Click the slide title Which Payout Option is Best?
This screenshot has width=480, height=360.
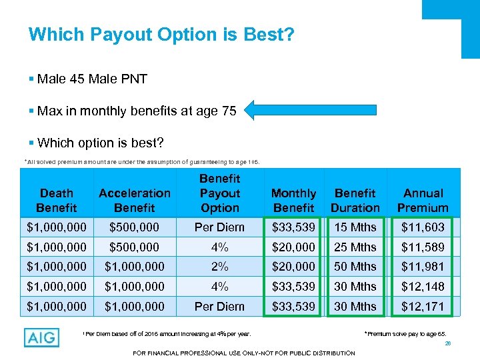pyautogui.click(x=161, y=34)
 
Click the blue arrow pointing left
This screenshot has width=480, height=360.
pyautogui.click(x=311, y=110)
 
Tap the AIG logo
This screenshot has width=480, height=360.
pyautogui.click(x=41, y=337)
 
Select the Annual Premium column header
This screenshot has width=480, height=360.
pyautogui.click(x=423, y=200)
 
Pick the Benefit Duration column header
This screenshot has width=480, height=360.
pyautogui.click(x=355, y=200)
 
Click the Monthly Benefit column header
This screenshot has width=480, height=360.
pyautogui.click(x=293, y=200)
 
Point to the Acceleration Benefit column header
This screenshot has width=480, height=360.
pyautogui.click(x=135, y=200)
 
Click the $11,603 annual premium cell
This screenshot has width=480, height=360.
pyautogui.click(x=423, y=227)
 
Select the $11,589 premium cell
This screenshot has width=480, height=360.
pyautogui.click(x=423, y=247)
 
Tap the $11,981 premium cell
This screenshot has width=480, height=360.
pyautogui.click(x=423, y=267)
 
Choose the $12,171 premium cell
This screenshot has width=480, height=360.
pyautogui.click(x=423, y=307)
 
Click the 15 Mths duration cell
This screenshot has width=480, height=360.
pyautogui.click(x=355, y=227)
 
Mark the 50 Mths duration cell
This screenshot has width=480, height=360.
pyautogui.click(x=355, y=267)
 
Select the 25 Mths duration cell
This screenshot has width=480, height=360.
pyautogui.click(x=355, y=247)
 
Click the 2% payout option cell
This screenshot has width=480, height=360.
pyautogui.click(x=219, y=267)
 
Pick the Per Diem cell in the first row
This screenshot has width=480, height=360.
pyautogui.click(x=219, y=227)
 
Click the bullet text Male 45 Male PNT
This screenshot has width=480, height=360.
pyautogui.click(x=92, y=79)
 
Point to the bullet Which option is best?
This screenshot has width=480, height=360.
pyautogui.click(x=100, y=143)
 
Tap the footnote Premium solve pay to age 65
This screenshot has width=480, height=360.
pyautogui.click(x=404, y=331)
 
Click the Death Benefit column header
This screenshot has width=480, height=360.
pyautogui.click(x=57, y=200)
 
